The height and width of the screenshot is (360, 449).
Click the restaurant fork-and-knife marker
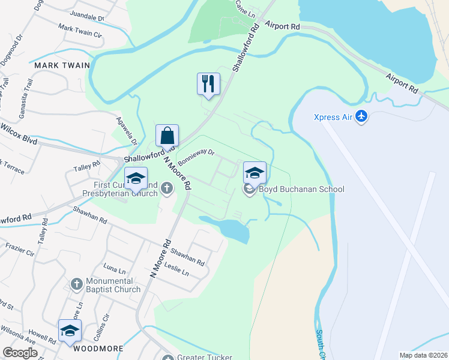coord(208,83)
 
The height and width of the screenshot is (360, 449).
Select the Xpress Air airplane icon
coord(361,116)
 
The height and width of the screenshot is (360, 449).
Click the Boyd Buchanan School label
coord(301,190)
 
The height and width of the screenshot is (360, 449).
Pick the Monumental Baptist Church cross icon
coord(76,284)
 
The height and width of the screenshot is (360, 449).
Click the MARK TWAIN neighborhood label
coord(62,65)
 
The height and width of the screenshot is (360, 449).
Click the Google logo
coord(20,353)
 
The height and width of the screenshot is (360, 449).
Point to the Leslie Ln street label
coord(176,269)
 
